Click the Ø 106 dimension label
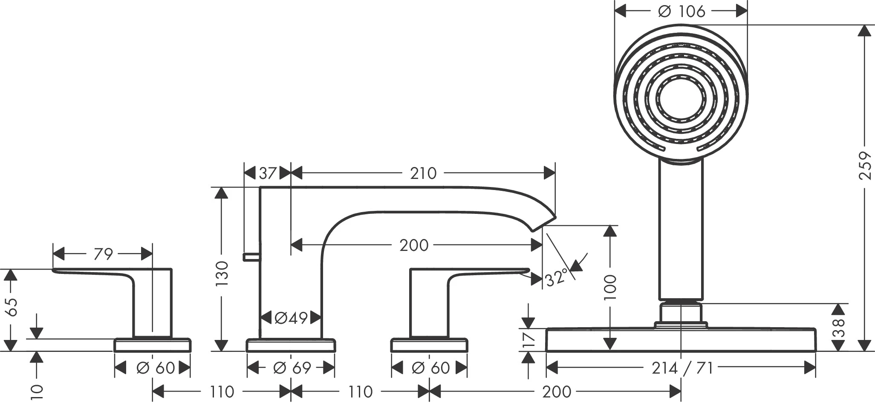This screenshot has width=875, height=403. [x=681, y=12]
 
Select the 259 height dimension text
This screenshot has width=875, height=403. [x=864, y=165]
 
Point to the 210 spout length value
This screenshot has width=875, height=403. [x=423, y=173]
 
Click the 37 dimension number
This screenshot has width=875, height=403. [x=268, y=173]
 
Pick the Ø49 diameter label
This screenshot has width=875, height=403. [x=291, y=318]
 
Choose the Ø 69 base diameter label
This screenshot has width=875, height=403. [x=292, y=368]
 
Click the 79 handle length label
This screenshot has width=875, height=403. [x=103, y=254]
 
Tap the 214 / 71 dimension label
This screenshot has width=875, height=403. [x=682, y=368]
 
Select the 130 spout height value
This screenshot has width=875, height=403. [x=222, y=273]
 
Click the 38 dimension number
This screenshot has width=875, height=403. [x=838, y=328]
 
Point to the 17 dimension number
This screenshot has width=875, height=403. [x=528, y=340]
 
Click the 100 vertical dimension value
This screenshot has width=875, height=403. [x=610, y=287]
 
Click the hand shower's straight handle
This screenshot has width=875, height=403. [x=681, y=230]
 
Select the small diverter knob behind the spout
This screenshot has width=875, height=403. [x=251, y=256]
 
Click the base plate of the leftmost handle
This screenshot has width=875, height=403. [x=153, y=345]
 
